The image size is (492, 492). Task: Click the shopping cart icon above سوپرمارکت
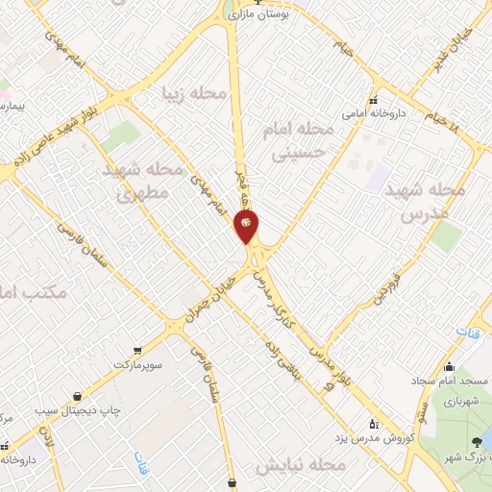tap(138, 350)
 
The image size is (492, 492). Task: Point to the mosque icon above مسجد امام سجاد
tap(449, 366)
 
